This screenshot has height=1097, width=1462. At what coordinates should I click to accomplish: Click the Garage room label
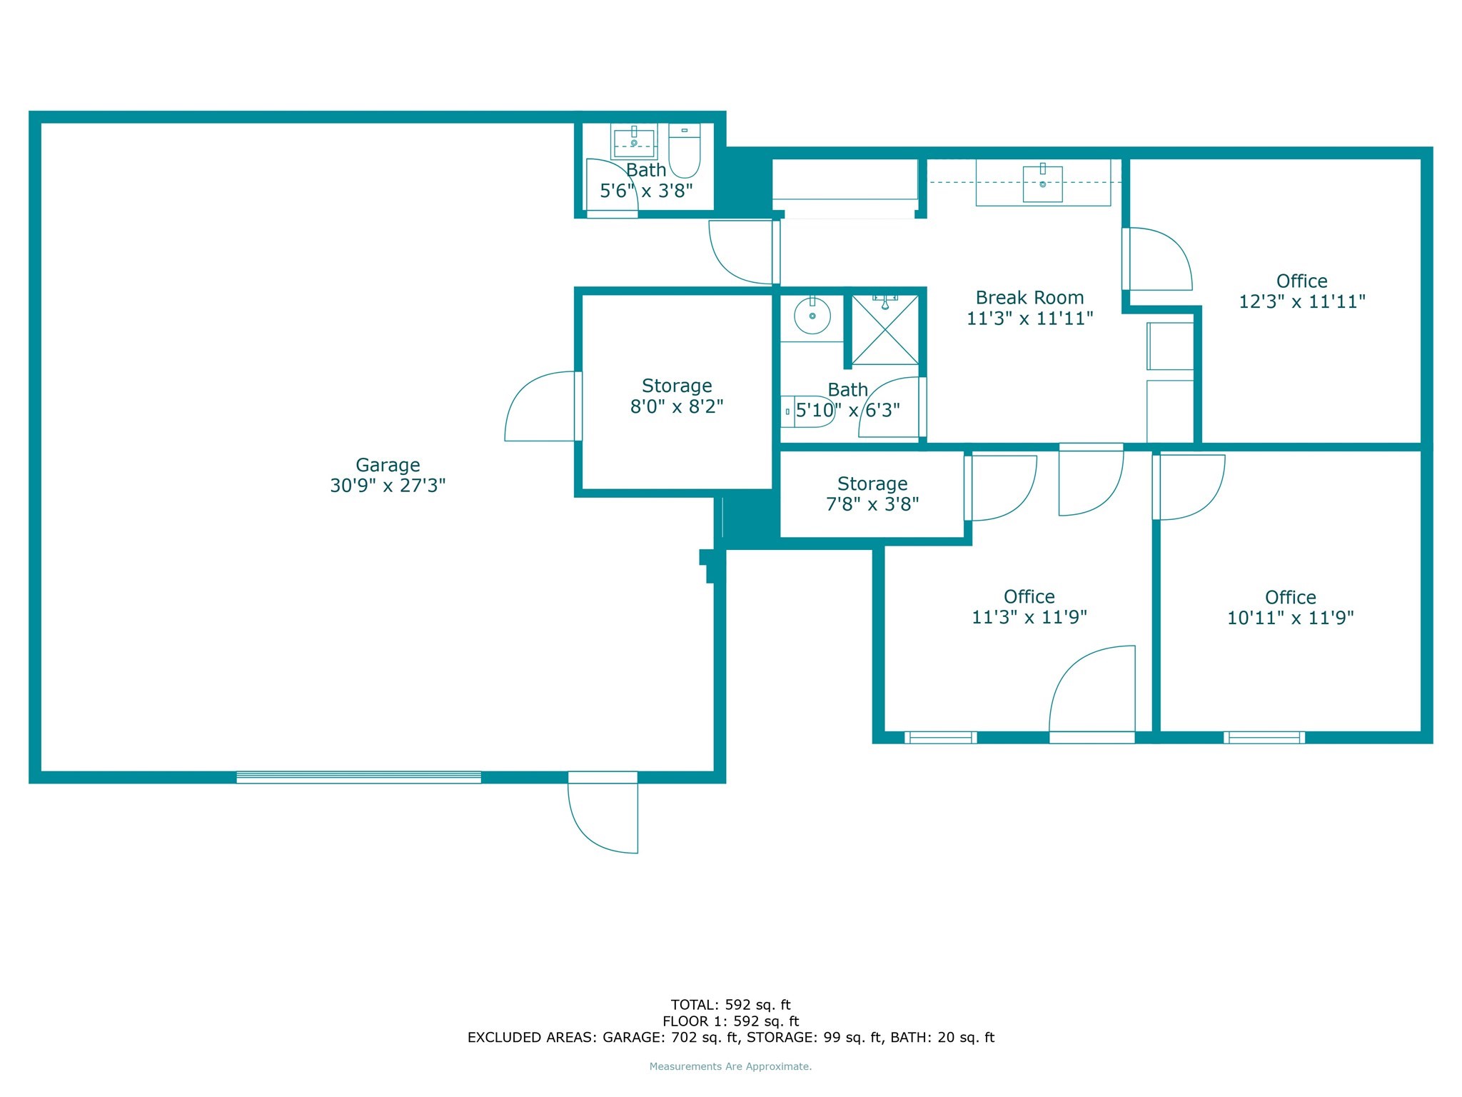pyautogui.click(x=388, y=465)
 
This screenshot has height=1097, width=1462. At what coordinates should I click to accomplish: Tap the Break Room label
pyautogui.click(x=1029, y=298)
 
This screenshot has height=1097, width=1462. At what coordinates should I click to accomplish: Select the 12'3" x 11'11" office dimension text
pyautogui.click(x=1302, y=301)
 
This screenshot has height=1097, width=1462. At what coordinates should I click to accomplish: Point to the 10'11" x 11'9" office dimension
pyautogui.click(x=1290, y=618)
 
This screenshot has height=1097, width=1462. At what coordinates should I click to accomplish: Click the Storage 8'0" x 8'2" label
pyautogui.click(x=677, y=396)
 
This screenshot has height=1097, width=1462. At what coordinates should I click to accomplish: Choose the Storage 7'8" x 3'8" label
pyautogui.click(x=872, y=494)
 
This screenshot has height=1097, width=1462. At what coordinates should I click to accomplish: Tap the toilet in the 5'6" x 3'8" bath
pyautogui.click(x=685, y=150)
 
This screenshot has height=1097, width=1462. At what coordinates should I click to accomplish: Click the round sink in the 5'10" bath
pyautogui.click(x=812, y=316)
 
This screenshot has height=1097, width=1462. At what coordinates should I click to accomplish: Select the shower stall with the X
pyautogui.click(x=885, y=329)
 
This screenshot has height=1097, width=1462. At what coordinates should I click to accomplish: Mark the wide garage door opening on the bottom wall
pyautogui.click(x=358, y=778)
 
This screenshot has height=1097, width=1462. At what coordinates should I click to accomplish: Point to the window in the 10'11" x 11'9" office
pyautogui.click(x=1264, y=738)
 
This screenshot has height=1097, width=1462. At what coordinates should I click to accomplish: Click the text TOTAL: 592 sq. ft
pyautogui.click(x=730, y=1005)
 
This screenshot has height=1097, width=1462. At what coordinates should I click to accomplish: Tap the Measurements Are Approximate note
pyautogui.click(x=730, y=1066)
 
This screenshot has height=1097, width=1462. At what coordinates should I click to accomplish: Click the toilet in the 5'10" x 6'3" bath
pyautogui.click(x=807, y=411)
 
